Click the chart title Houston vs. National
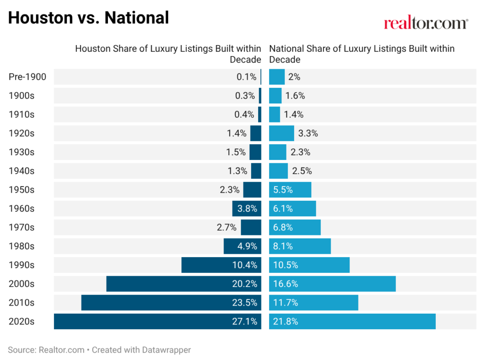(88, 18)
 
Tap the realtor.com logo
(426, 23)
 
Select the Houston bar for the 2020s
(142, 321)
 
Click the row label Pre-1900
(27, 77)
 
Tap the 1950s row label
(22, 190)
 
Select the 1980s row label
(22, 246)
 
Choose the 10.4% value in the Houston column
(246, 265)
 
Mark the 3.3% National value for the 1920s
(308, 133)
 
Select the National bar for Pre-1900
(277, 77)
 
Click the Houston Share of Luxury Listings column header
(168, 54)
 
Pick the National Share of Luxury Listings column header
(361, 54)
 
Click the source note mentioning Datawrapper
(99, 350)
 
